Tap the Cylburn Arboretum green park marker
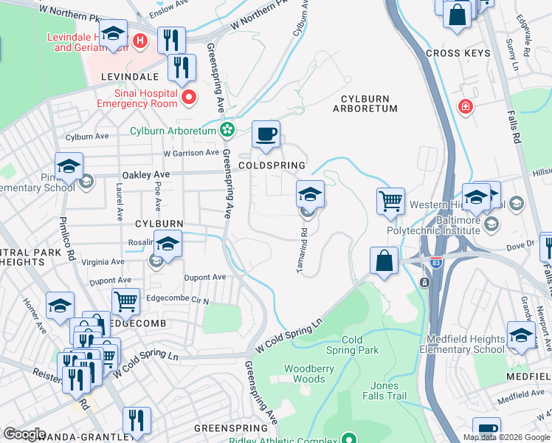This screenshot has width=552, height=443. tap(227, 131)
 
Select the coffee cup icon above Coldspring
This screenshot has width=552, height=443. tap(266, 135)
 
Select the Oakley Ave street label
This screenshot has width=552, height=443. tap(145, 175)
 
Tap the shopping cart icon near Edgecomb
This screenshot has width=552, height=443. tap(126, 301)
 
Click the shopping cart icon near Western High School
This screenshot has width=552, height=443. tap(390, 201)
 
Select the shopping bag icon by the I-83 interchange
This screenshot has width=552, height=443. tap(384, 261)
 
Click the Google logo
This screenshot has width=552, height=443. tap(24, 434)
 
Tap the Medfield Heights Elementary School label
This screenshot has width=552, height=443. tap(466, 344)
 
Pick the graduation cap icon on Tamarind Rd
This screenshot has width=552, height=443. tap(311, 195)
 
